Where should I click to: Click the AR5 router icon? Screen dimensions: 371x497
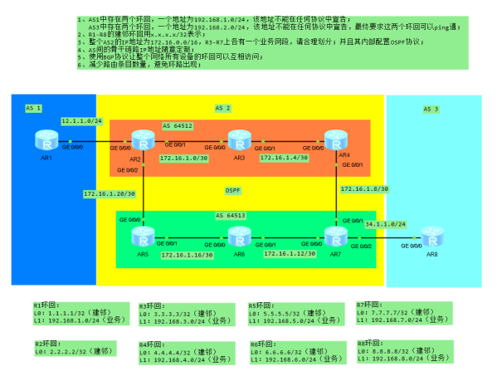(x=145, y=236)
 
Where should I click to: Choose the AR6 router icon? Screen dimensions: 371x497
(x=240, y=236)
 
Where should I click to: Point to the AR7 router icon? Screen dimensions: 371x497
(x=336, y=236)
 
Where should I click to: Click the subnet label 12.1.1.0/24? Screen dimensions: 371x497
(x=81, y=121)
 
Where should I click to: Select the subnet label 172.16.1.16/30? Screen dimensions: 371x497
(x=187, y=255)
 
